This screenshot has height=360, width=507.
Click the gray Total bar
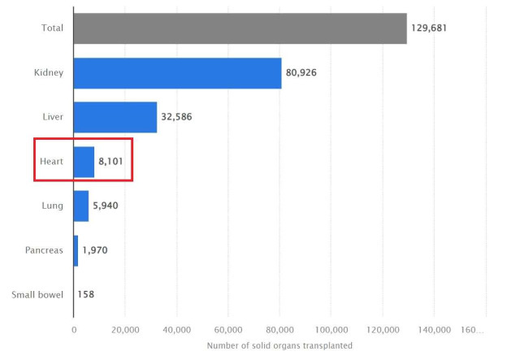click(x=240, y=28)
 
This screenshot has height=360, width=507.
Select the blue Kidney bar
click(x=177, y=73)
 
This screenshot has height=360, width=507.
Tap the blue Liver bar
click(x=115, y=117)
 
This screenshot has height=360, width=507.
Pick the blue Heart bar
click(x=84, y=161)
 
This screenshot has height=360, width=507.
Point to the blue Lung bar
click(x=81, y=206)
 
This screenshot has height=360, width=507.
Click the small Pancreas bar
click(x=76, y=249)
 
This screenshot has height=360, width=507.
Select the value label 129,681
click(x=429, y=28)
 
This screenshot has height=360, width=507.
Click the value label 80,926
click(x=301, y=73)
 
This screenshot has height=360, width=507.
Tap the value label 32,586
click(x=176, y=117)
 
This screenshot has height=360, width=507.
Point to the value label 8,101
click(x=113, y=161)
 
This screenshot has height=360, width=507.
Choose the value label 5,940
click(x=106, y=206)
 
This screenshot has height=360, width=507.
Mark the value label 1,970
click(x=95, y=249)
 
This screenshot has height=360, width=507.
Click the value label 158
click(x=85, y=294)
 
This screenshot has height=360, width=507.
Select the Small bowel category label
click(x=38, y=294)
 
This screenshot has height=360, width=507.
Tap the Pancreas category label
click(x=45, y=249)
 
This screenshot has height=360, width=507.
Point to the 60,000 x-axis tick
click(x=228, y=329)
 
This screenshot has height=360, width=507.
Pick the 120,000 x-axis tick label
click(x=383, y=329)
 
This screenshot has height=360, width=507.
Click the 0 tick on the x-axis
click(x=74, y=329)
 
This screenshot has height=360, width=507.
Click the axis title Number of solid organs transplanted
click(x=279, y=346)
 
